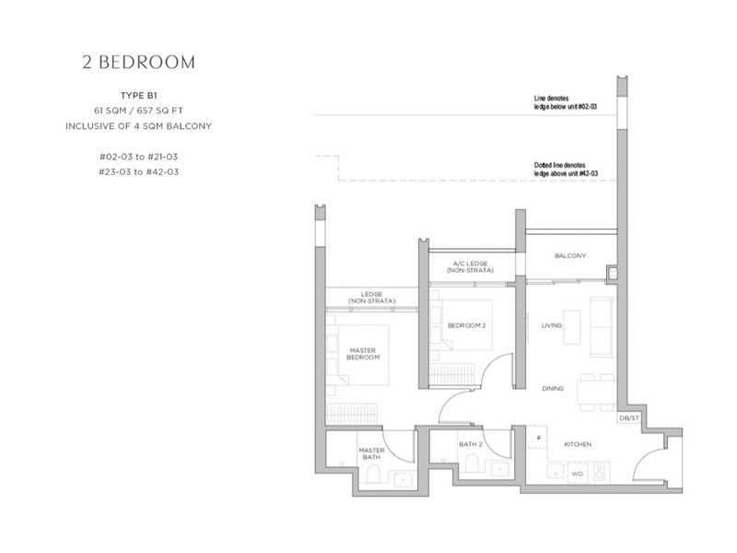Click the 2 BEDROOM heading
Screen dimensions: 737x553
[x=139, y=62]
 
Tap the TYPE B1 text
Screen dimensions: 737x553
[x=139, y=96]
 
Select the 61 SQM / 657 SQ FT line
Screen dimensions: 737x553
[x=139, y=111]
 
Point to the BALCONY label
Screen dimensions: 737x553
[x=570, y=256]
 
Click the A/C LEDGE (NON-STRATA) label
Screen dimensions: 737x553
[x=470, y=267]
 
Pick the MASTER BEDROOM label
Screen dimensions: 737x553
[x=363, y=354]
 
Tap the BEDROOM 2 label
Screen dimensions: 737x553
[x=467, y=325]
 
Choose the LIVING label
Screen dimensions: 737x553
[x=551, y=325]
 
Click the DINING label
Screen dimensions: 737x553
[x=553, y=388]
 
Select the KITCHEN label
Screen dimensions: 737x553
[x=578, y=444]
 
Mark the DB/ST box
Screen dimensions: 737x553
[x=629, y=418]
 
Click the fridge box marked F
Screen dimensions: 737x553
[x=539, y=438]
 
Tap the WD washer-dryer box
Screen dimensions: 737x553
[x=578, y=474]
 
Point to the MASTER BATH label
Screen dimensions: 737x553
[x=371, y=453]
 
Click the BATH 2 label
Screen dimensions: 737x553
[x=471, y=444]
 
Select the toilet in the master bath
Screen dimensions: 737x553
[x=373, y=474]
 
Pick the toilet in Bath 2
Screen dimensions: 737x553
[x=472, y=463]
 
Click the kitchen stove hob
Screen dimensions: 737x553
[x=600, y=471]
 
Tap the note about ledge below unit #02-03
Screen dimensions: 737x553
[x=566, y=102]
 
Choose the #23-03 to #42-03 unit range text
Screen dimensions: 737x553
[x=139, y=171]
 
